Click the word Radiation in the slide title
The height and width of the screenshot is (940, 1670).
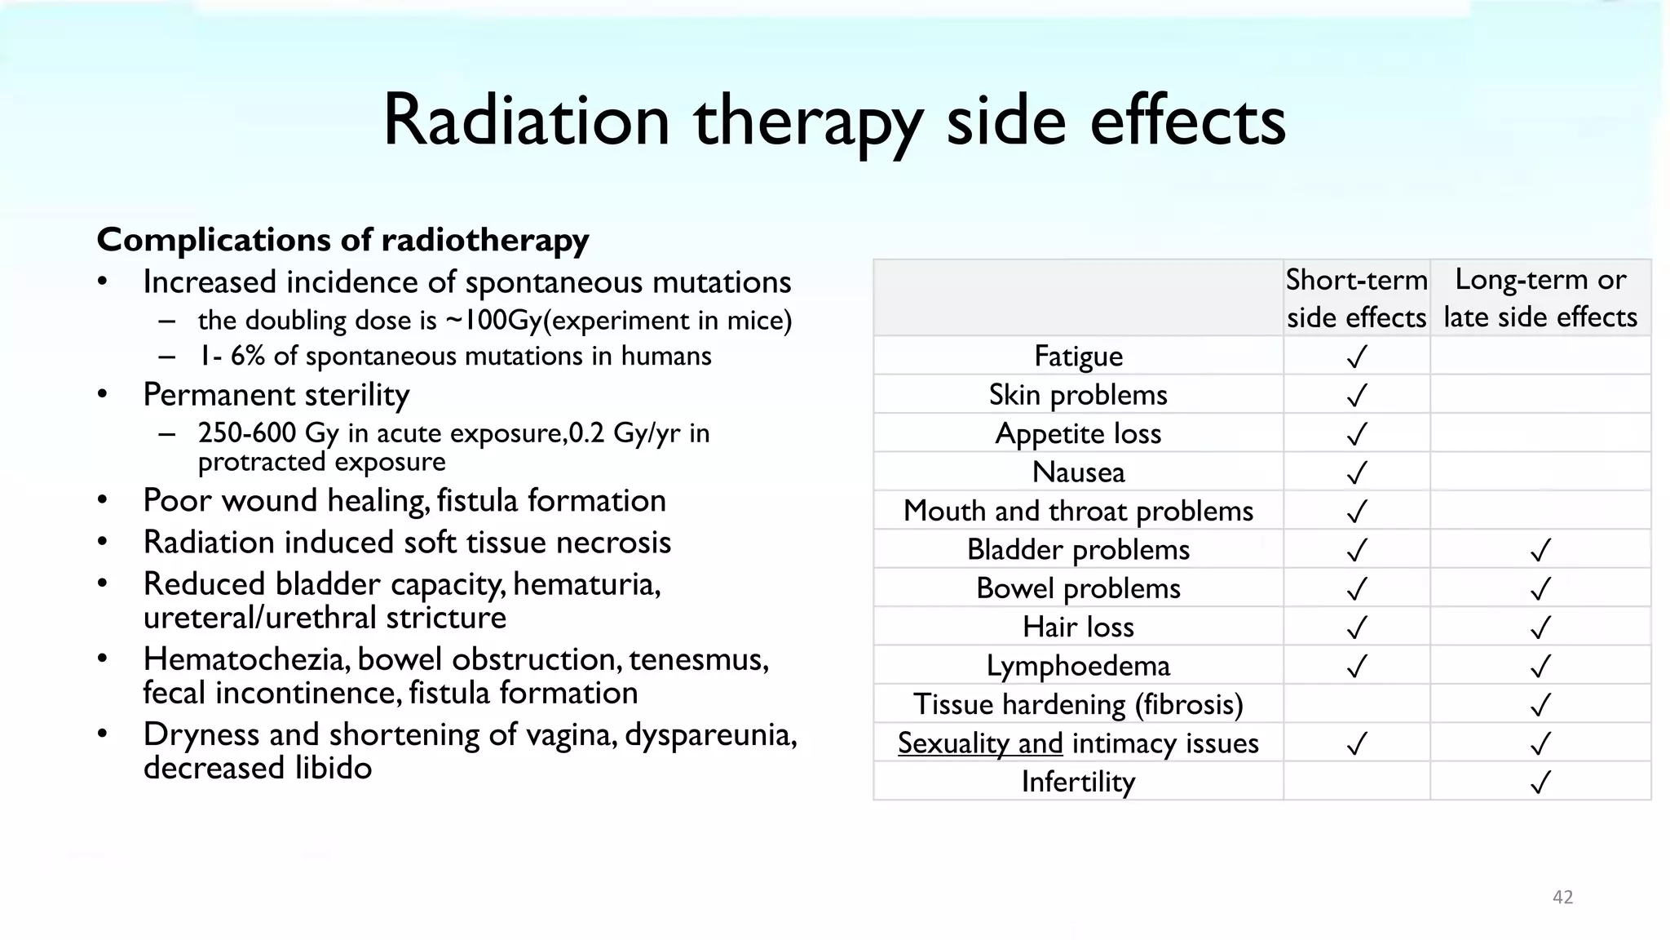[x=526, y=121]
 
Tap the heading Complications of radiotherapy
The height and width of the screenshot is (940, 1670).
[x=342, y=240]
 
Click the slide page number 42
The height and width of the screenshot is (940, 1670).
[x=1562, y=897]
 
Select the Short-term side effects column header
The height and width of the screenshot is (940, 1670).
[x=1356, y=298]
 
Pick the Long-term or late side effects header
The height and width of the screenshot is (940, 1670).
[x=1540, y=298]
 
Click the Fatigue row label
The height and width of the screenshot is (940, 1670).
[x=1078, y=357]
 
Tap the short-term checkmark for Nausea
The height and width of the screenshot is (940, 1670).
[x=1356, y=472]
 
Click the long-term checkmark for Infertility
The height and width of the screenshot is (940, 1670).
[x=1540, y=783]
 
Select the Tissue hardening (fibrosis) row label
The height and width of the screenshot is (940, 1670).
[x=1078, y=704]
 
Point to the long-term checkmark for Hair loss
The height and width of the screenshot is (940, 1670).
[x=1540, y=627]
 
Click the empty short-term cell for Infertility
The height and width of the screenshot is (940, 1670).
[x=1356, y=782]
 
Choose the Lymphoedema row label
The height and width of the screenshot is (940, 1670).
[x=1078, y=666]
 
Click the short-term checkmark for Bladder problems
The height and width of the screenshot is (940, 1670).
[x=1356, y=551]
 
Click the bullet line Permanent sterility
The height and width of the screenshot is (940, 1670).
[x=276, y=395]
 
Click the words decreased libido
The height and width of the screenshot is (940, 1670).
[x=258, y=768]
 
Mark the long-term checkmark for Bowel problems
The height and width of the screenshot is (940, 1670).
[x=1540, y=589]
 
